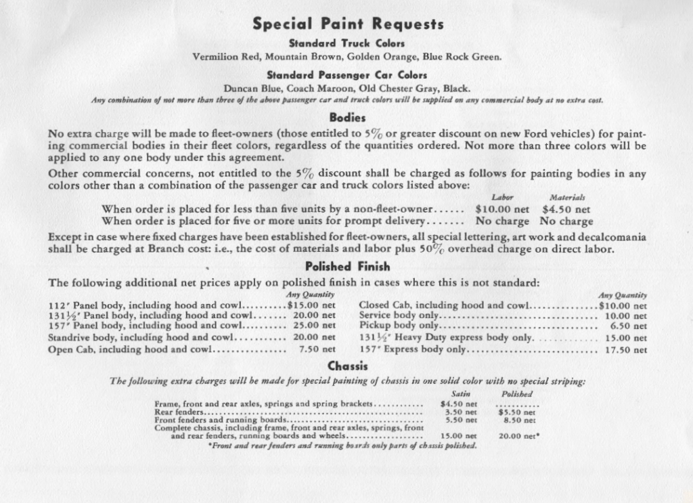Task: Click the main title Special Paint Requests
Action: coord(348,24)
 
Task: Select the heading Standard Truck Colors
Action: coord(346,43)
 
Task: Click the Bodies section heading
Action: coord(347,117)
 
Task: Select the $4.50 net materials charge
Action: coord(566,210)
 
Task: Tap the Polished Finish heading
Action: coord(347,267)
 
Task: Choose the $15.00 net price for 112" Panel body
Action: coord(311,305)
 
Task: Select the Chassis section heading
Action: coord(347,366)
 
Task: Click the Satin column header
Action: coord(460,394)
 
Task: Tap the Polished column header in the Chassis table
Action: coord(517,394)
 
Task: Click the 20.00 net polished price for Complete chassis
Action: coord(518,436)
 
